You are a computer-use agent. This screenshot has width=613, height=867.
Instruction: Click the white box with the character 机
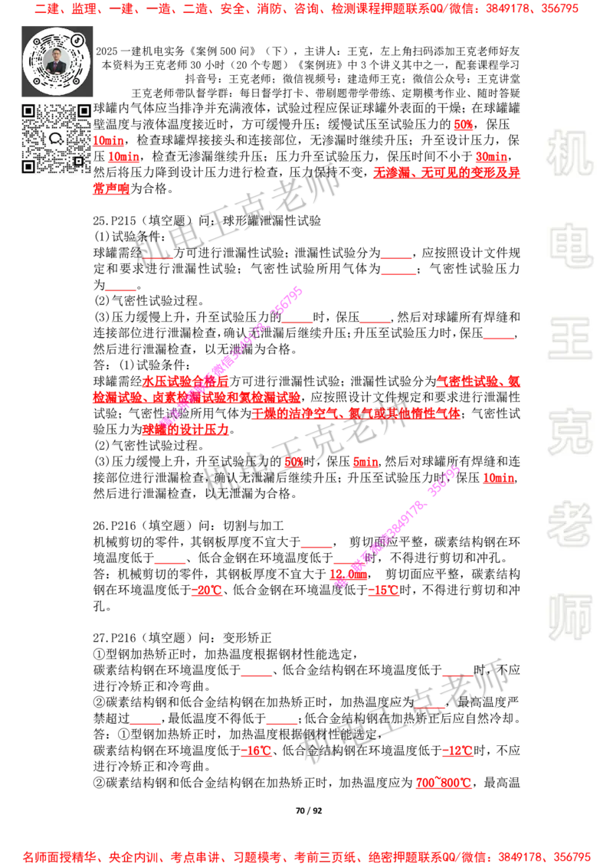click(570, 152)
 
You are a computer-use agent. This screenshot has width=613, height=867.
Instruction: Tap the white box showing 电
click(573, 245)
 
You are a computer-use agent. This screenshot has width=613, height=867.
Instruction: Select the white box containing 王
click(570, 339)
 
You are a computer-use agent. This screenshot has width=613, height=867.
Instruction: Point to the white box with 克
click(570, 432)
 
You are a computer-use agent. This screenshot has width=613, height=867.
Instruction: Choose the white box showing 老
click(570, 524)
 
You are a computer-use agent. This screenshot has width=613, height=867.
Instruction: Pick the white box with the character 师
click(570, 618)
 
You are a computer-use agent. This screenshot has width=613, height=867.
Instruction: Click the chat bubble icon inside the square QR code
click(56, 139)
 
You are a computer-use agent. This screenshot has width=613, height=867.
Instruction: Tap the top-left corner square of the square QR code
click(28, 111)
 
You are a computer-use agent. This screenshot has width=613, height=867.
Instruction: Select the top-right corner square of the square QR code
click(84, 111)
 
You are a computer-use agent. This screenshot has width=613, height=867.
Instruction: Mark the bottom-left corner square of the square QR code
click(28, 166)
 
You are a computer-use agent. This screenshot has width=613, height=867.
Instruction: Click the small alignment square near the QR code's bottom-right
click(78, 161)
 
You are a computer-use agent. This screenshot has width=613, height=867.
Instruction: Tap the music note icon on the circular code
click(77, 41)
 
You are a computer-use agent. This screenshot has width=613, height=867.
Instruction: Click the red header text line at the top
click(306, 9)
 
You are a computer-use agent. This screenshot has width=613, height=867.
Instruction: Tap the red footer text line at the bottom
click(306, 857)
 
